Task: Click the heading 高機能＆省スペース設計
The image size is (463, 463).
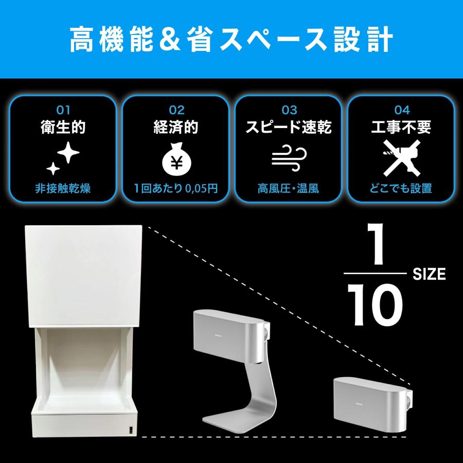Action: (232, 39)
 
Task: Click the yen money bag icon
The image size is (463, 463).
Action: (176, 160)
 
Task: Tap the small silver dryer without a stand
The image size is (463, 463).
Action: (368, 399)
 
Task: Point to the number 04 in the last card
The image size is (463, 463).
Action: (402, 110)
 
